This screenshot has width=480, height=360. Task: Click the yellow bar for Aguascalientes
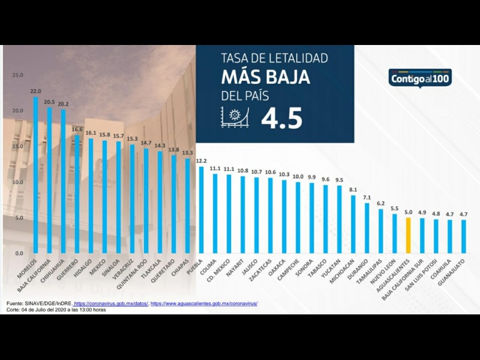tap(408, 235)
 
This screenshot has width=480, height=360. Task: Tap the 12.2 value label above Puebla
tap(201, 161)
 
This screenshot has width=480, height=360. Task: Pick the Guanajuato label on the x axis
tap(457, 269)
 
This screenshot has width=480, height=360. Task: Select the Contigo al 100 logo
tap(420, 79)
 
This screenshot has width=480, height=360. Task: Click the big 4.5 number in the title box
tap(281, 118)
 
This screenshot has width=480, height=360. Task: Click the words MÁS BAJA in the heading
tap(265, 77)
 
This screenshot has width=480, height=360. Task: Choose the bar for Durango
tap(367, 228)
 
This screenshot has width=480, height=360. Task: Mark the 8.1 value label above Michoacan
tap(353, 190)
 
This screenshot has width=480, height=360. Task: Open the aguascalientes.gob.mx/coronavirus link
tap(204, 304)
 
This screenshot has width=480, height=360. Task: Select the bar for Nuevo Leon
tap(394, 234)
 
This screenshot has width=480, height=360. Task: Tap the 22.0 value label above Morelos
tap(35, 91)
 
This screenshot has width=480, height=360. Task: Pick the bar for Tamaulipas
tap(380, 231)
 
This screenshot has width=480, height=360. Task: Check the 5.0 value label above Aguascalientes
tap(408, 212)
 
